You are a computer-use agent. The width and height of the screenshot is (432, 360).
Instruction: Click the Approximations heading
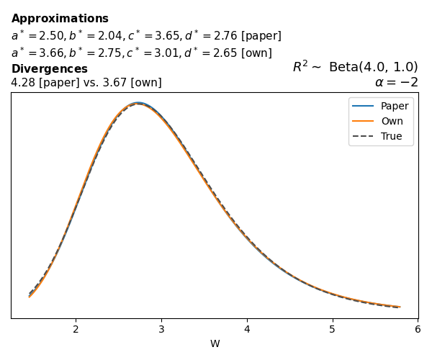60,19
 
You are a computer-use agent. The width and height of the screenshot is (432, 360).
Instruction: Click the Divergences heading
49,69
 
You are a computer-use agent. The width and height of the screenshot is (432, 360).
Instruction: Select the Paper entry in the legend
394,106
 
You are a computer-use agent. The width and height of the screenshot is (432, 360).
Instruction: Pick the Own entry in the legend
392,121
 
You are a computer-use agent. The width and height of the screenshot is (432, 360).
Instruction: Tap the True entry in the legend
391,136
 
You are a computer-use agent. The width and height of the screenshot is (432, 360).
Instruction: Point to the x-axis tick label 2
76,329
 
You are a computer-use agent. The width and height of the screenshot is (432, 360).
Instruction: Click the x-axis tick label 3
161,329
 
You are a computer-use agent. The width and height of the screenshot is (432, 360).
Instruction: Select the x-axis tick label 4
247,329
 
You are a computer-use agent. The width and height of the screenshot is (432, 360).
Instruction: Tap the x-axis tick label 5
332,329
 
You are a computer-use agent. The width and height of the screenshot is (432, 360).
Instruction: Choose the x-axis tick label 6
418,329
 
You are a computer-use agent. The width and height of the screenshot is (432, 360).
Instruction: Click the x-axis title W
215,344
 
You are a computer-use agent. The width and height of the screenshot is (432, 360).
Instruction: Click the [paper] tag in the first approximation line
263,36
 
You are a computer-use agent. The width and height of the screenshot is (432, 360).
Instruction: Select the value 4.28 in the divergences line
22,83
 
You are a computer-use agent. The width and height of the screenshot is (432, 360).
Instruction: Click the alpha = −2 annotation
396,82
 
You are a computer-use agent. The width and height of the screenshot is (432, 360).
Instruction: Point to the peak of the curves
138,104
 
